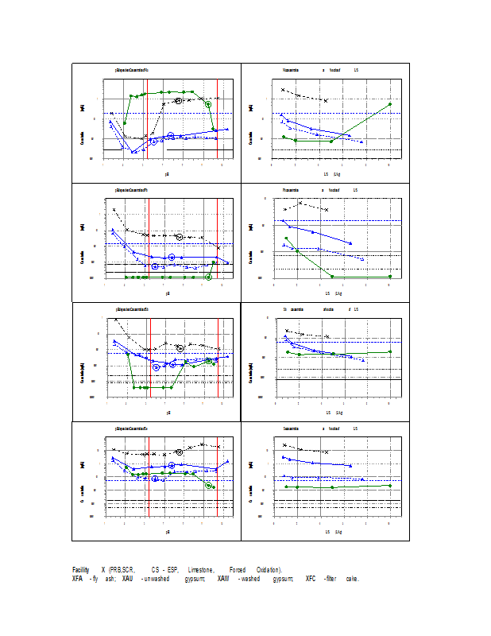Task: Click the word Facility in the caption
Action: tap(80, 570)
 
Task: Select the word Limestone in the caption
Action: tap(201, 570)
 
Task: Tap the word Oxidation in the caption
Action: tap(269, 570)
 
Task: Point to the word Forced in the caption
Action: tap(238, 570)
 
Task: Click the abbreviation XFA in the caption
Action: tap(78, 578)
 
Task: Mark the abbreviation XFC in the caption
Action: tap(311, 578)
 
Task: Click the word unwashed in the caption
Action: tap(157, 578)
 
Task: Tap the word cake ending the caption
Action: tap(352, 578)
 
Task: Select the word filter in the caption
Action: tap(331, 578)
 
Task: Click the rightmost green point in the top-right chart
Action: tap(389, 104)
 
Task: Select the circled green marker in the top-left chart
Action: tap(208, 104)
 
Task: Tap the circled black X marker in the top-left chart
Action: tap(179, 101)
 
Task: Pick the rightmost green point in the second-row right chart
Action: tap(389, 277)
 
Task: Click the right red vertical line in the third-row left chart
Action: tap(218, 358)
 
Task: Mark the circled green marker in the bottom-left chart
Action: tap(208, 485)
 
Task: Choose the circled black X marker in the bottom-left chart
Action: tap(179, 452)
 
